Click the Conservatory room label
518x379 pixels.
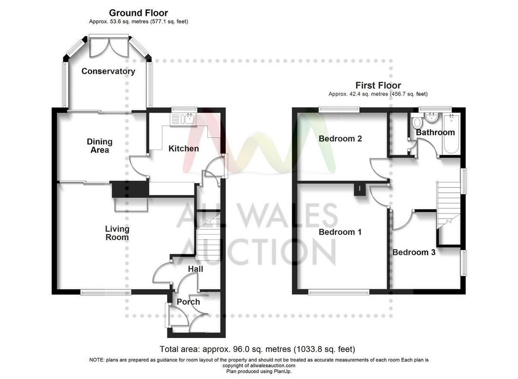click(x=108, y=71)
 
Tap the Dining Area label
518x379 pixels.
click(x=100, y=146)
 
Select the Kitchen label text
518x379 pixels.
click(x=183, y=149)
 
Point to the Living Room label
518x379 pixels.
click(x=117, y=233)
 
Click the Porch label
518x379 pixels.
click(x=188, y=302)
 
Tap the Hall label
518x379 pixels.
click(x=196, y=269)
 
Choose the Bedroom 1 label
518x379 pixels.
click(x=340, y=232)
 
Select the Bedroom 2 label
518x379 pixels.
click(x=340, y=139)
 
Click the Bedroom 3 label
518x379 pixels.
click(x=414, y=252)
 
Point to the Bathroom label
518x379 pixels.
click(x=436, y=132)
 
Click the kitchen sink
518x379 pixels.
click(x=186, y=118)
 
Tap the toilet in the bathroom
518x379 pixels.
click(x=417, y=121)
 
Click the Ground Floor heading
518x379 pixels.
click(x=139, y=13)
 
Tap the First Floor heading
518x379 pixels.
click(x=378, y=85)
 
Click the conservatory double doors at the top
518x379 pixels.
click(x=109, y=47)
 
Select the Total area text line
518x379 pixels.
click(x=257, y=349)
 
